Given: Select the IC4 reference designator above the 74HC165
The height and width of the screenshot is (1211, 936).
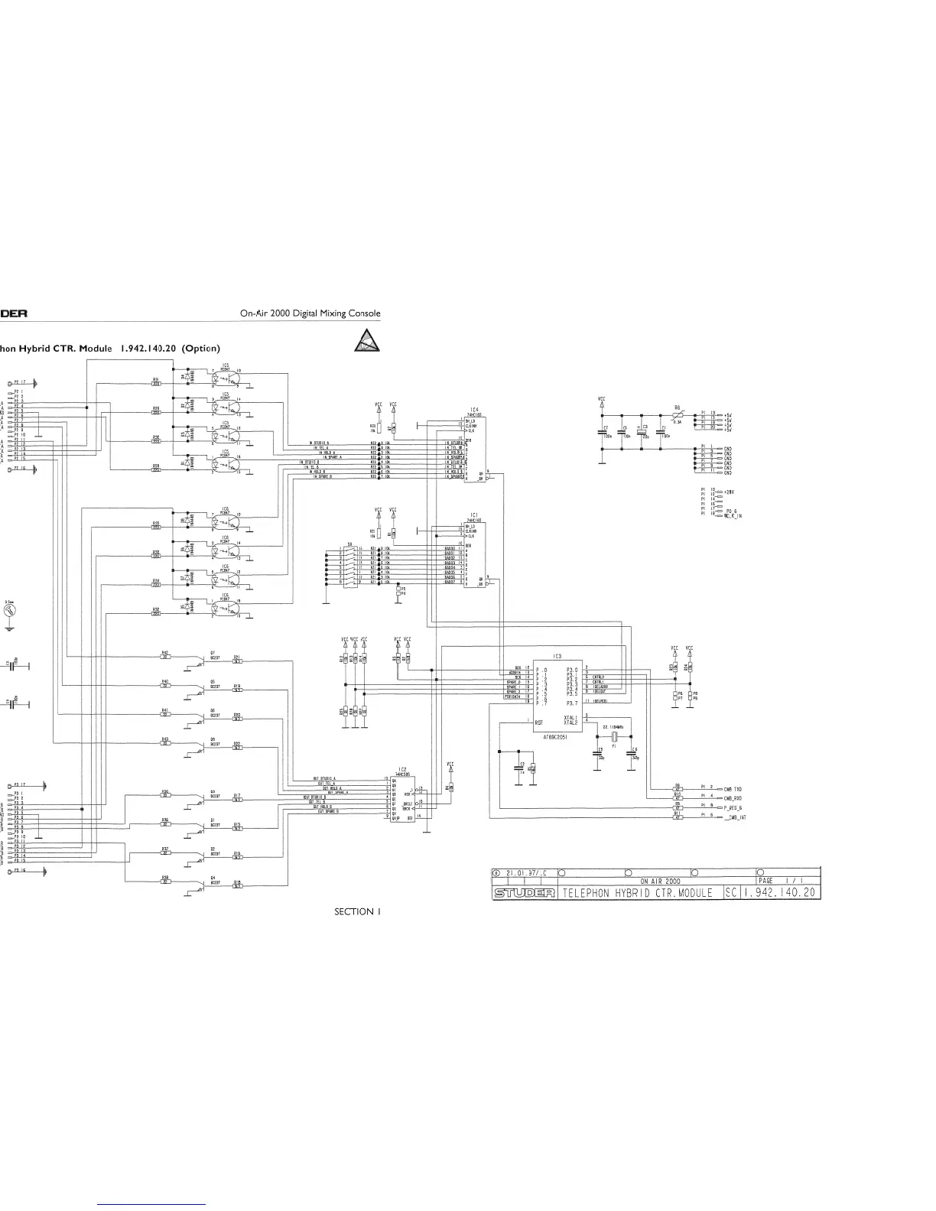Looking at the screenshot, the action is pyautogui.click(x=475, y=410).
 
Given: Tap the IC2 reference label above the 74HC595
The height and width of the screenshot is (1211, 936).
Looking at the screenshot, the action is pyautogui.click(x=402, y=769).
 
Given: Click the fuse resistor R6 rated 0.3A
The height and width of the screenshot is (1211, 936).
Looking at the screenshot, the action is pyautogui.click(x=678, y=416).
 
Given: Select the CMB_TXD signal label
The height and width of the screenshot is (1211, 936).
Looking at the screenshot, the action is pyautogui.click(x=733, y=788).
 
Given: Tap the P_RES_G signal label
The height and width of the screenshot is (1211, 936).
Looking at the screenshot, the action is pyautogui.click(x=733, y=807).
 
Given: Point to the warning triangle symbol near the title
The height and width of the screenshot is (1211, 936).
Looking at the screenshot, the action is pyautogui.click(x=366, y=339).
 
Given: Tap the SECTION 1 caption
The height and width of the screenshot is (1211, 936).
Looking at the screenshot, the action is pyautogui.click(x=356, y=911).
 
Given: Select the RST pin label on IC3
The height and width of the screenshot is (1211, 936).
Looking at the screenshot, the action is pyautogui.click(x=538, y=722).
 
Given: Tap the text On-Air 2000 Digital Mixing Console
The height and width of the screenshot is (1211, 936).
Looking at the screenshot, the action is pyautogui.click(x=310, y=313).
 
